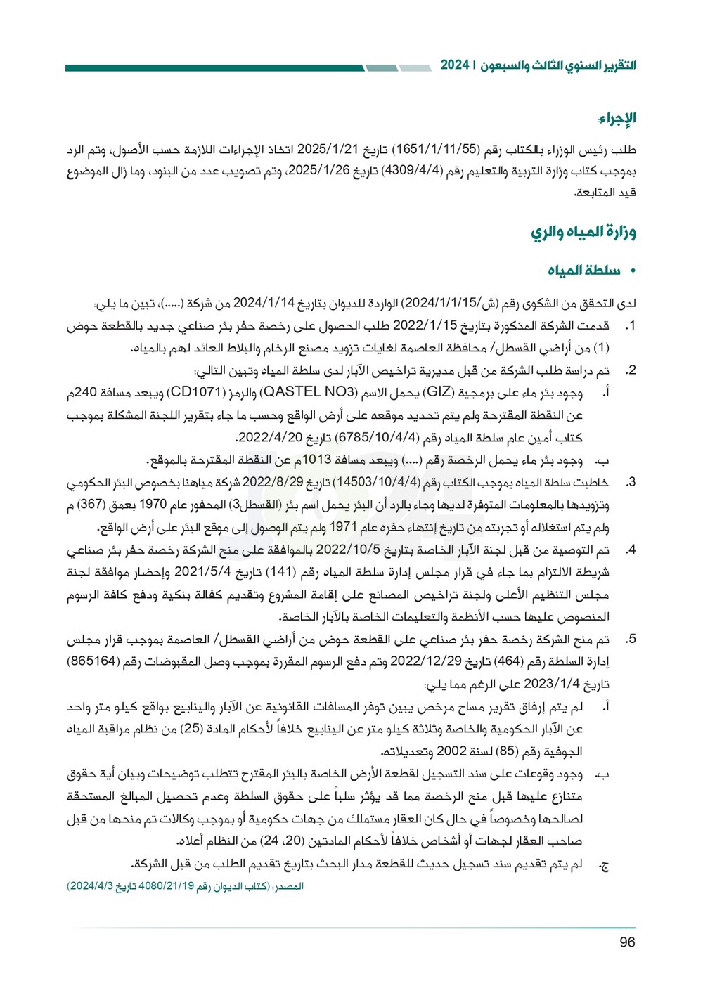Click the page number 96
(x=627, y=942)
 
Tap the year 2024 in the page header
(x=455, y=65)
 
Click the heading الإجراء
(x=617, y=118)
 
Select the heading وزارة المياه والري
(x=583, y=233)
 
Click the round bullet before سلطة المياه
(x=633, y=271)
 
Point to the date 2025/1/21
(x=328, y=150)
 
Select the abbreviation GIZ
(x=438, y=393)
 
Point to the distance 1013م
(x=321, y=460)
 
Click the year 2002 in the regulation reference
(x=451, y=751)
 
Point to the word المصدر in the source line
(x=289, y=887)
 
